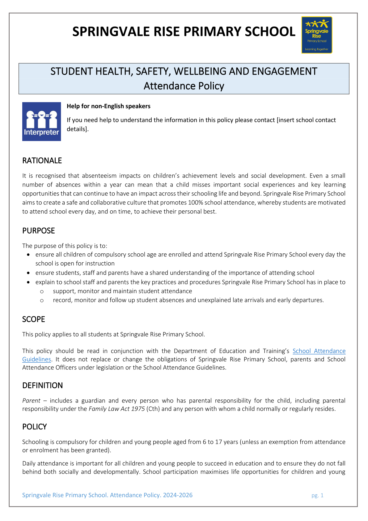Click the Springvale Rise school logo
point(317,35)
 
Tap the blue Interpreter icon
point(41,122)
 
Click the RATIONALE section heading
point(42,161)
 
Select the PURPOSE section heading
point(39,231)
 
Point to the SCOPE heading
point(34,319)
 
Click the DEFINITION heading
point(42,385)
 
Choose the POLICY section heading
point(34,427)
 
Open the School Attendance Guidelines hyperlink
point(319,351)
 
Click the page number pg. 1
point(317,495)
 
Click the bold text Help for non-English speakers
point(108,106)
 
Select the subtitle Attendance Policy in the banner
point(184,86)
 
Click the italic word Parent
point(31,401)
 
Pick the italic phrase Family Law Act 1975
point(116,409)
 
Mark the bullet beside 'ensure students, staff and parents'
point(29,273)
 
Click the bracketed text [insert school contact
point(306,120)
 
